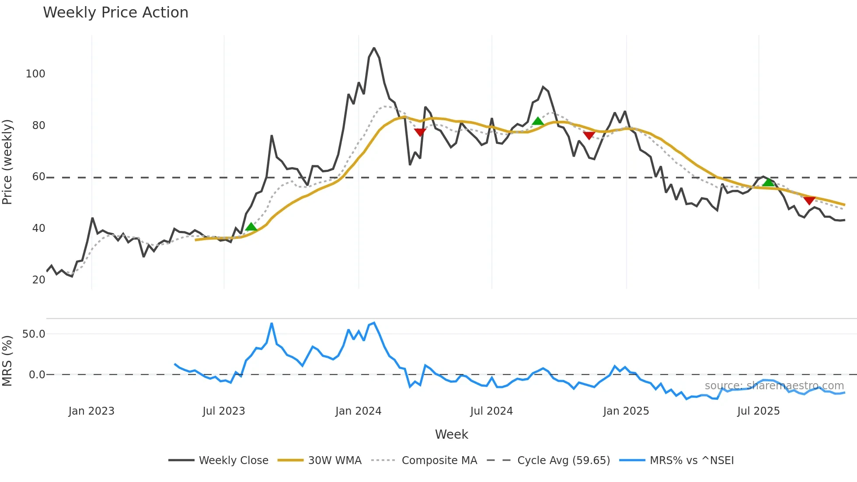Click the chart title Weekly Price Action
(x=115, y=13)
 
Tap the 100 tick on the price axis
(x=35, y=74)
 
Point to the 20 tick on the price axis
(x=38, y=280)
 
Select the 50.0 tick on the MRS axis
(x=34, y=334)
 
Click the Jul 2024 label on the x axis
(x=491, y=411)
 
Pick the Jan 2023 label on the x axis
(x=91, y=411)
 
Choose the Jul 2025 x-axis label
(x=758, y=411)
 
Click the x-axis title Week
(x=451, y=434)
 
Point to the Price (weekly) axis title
(x=7, y=162)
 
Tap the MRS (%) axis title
(x=7, y=361)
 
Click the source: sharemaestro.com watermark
(x=774, y=386)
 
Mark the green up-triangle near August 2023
(x=251, y=227)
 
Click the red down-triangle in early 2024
(x=420, y=132)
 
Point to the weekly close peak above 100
(x=374, y=48)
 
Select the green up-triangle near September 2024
(x=538, y=121)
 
